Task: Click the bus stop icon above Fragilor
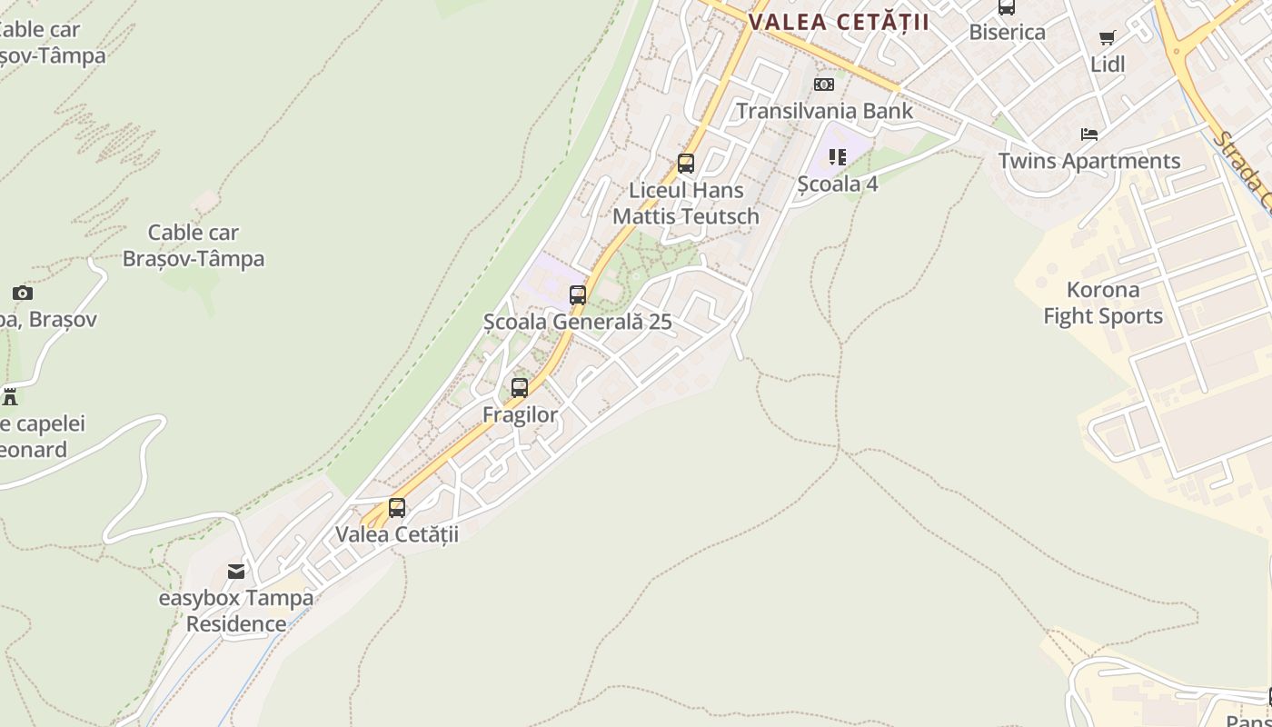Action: click(x=520, y=388)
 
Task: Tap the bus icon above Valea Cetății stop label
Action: click(x=397, y=508)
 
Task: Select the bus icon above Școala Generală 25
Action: click(x=578, y=295)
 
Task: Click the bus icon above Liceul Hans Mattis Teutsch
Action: click(x=686, y=164)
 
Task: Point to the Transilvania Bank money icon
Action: click(x=824, y=85)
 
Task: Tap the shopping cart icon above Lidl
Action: click(x=1107, y=38)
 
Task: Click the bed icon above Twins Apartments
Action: click(x=1089, y=134)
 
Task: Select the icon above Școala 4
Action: click(x=838, y=157)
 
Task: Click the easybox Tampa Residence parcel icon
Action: click(x=236, y=572)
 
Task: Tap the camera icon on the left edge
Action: click(x=23, y=293)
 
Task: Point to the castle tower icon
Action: click(x=11, y=396)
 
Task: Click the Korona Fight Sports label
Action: click(x=1103, y=303)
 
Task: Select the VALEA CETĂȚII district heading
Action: click(x=839, y=22)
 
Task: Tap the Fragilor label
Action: click(x=520, y=415)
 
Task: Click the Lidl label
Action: click(x=1108, y=65)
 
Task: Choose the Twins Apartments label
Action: click(x=1089, y=161)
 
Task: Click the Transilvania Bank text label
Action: click(x=824, y=111)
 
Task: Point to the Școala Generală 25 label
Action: click(x=578, y=322)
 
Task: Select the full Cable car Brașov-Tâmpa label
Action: click(x=194, y=245)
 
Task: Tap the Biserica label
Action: click(x=1007, y=32)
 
